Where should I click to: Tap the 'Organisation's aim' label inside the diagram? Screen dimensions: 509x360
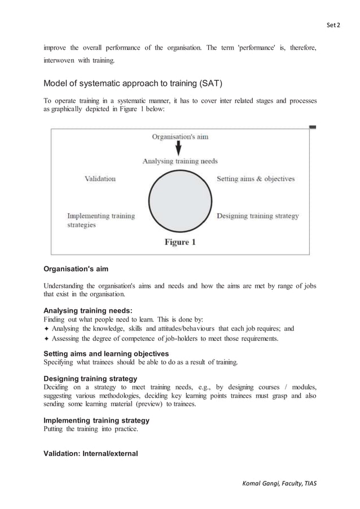click(x=178, y=137)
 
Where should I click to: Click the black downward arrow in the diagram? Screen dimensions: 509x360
click(x=178, y=148)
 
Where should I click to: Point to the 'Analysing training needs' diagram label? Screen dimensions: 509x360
click(x=180, y=161)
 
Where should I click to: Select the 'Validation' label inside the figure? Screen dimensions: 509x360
click(x=100, y=179)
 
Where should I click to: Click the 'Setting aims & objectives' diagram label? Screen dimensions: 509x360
click(x=256, y=179)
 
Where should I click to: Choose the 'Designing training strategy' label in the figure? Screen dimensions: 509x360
click(x=258, y=216)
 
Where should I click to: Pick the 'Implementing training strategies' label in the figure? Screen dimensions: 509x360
click(x=100, y=220)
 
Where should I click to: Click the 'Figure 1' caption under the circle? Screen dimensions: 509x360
click(x=180, y=242)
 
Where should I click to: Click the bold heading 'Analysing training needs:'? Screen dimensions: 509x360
click(x=87, y=310)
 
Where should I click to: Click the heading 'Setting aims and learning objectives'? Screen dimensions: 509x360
click(x=107, y=352)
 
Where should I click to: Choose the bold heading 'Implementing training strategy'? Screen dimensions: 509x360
click(x=96, y=420)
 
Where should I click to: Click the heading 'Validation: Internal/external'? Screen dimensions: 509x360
click(x=91, y=453)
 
